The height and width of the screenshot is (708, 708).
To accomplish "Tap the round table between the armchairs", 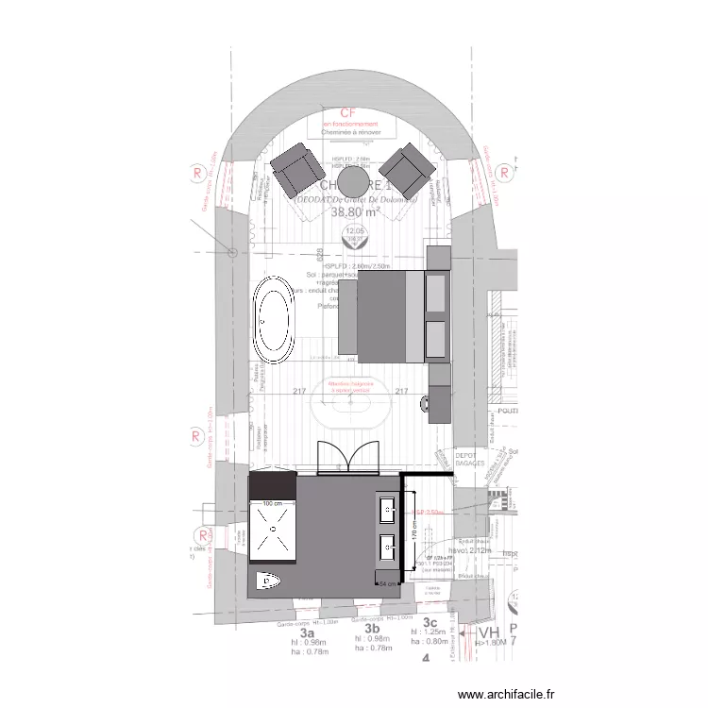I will [x=354, y=183].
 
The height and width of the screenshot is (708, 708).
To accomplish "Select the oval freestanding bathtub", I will [x=276, y=320].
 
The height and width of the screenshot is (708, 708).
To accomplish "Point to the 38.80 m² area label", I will [x=355, y=213].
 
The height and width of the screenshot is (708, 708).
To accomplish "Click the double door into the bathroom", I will [x=346, y=458].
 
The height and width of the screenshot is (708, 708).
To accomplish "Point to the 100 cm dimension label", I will [x=274, y=504].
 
